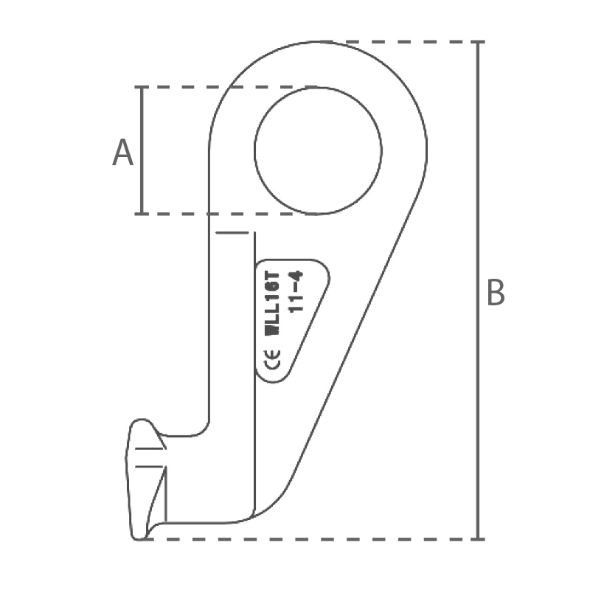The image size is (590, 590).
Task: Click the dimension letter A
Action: [122, 153]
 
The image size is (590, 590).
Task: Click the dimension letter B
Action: [496, 292]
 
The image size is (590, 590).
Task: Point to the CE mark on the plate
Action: [272, 359]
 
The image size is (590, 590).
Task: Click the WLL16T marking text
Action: [273, 302]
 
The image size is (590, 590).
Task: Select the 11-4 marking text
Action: [296, 291]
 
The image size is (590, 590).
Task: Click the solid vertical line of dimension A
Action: [142, 150]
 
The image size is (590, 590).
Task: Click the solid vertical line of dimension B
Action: [478, 291]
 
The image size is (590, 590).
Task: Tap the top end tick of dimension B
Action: [478, 42]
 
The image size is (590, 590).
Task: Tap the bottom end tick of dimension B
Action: [478, 539]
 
